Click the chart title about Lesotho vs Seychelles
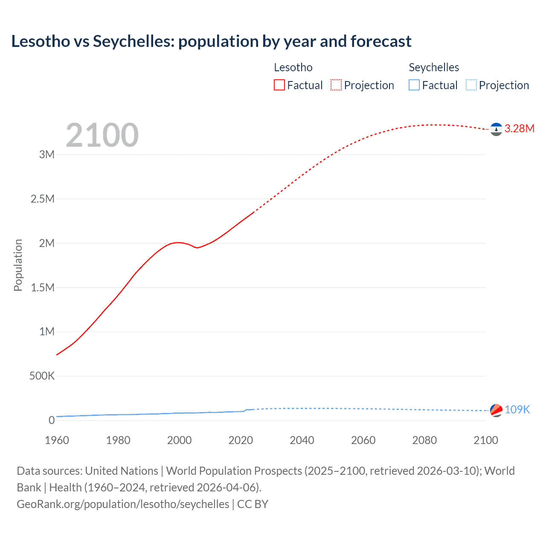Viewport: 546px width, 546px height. (x=211, y=41)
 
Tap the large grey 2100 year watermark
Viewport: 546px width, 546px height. (x=102, y=135)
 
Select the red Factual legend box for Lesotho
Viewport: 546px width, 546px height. (x=279, y=85)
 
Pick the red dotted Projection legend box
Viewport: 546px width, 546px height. (x=336, y=85)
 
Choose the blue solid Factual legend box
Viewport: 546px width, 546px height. (x=414, y=85)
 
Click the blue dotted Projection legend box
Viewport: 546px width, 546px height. (x=471, y=85)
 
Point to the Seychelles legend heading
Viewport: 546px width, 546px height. (x=433, y=67)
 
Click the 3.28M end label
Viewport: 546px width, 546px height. (x=519, y=128)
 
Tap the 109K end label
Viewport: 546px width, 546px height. (x=517, y=409)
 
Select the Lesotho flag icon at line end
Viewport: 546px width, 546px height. (x=496, y=129)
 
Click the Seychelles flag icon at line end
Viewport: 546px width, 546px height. (x=496, y=410)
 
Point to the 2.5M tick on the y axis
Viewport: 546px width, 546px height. (x=43, y=199)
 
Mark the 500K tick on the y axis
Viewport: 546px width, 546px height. (x=42, y=376)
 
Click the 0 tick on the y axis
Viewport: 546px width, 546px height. (x=52, y=420)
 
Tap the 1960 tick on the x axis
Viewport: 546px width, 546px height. (x=57, y=440)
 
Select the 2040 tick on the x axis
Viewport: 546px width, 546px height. (x=302, y=440)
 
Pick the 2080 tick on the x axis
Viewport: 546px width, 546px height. (x=424, y=440)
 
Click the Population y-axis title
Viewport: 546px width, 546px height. (x=18, y=265)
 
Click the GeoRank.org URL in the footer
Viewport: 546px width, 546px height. (x=123, y=504)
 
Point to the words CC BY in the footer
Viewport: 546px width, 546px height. (x=253, y=504)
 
